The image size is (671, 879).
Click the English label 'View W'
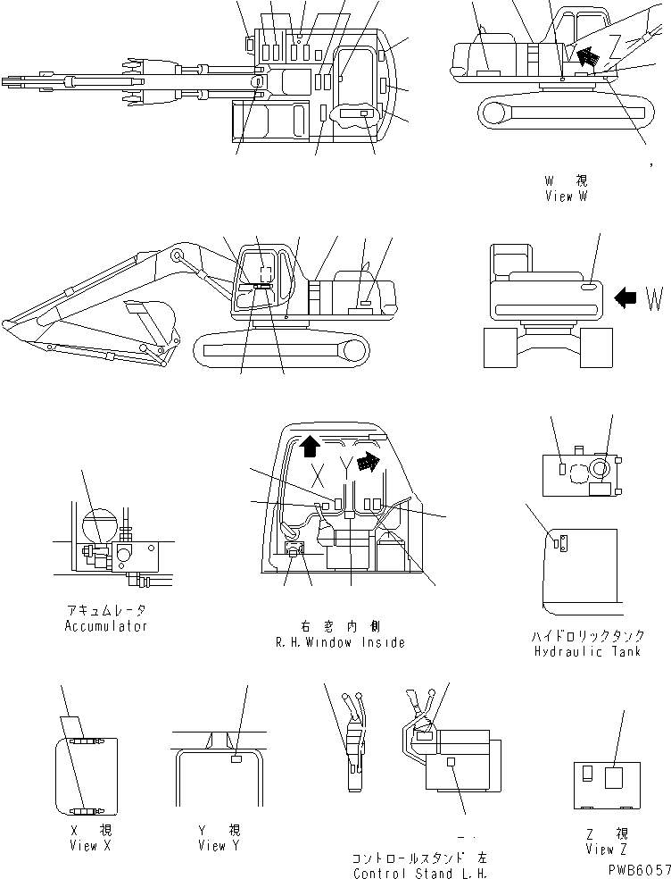(566, 197)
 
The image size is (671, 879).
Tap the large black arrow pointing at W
(627, 299)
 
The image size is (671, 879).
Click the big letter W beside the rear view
(653, 300)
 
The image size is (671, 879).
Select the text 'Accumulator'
(106, 626)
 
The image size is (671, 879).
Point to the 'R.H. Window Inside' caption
(342, 642)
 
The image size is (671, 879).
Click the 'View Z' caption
(602, 849)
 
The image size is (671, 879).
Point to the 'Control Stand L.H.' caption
(419, 873)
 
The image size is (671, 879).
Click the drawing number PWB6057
(637, 867)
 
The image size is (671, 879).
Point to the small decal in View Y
(236, 759)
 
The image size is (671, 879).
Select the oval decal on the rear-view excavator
(591, 288)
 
